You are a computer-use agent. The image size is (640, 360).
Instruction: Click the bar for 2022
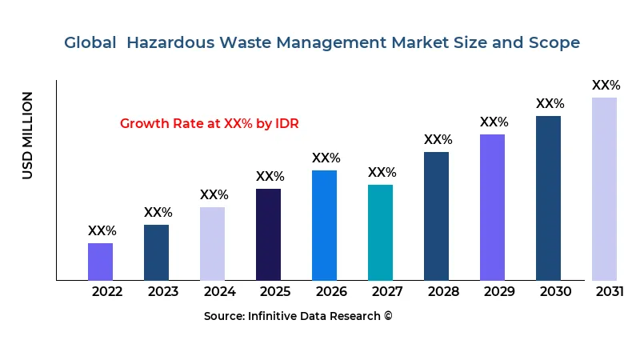point(100,262)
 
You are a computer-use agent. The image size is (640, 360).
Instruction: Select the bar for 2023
point(156,252)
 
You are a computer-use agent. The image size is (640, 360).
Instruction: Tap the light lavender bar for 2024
point(212,243)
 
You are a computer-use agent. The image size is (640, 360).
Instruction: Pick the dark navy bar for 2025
point(268,234)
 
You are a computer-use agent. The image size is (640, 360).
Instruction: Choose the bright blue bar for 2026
point(324,225)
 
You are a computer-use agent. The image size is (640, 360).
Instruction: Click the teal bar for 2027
point(380,232)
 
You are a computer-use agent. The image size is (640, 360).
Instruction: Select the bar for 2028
point(436,216)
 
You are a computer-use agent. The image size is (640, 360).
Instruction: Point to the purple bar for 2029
point(492,207)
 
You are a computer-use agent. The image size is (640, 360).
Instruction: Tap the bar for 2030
point(548,198)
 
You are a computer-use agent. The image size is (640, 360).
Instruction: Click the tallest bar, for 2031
point(604,189)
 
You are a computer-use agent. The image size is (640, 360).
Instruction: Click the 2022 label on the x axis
point(107,292)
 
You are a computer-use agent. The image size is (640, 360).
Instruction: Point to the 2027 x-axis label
point(387,292)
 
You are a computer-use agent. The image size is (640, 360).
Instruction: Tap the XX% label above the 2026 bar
point(326,158)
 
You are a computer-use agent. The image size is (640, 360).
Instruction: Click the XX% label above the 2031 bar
point(606,86)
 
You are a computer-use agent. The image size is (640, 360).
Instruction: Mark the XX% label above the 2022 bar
point(102,231)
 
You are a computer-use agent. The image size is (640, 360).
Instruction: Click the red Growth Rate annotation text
point(209,124)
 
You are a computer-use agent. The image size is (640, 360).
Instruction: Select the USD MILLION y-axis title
point(28,135)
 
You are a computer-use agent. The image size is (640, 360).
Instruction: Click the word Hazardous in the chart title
point(178,42)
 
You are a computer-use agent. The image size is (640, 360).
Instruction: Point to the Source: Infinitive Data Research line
point(298,316)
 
